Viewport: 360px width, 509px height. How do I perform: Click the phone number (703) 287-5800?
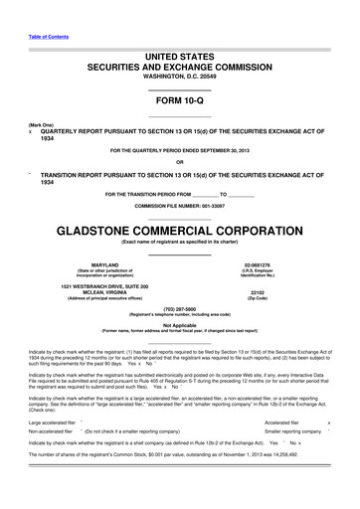click(x=179, y=308)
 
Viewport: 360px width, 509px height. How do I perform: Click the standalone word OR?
click(x=179, y=162)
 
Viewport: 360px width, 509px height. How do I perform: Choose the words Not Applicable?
click(x=179, y=325)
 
